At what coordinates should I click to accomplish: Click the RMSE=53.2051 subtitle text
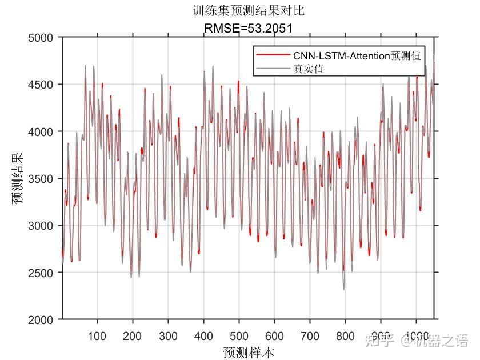click(x=249, y=28)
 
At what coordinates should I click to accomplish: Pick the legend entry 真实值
click(x=309, y=69)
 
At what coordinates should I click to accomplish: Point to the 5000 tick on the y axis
click(x=43, y=38)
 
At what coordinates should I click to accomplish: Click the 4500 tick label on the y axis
click(x=43, y=85)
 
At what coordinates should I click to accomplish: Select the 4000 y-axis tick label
click(x=43, y=131)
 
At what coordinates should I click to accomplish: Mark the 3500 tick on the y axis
click(x=43, y=179)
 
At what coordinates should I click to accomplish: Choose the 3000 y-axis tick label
click(x=43, y=226)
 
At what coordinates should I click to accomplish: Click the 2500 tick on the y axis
click(x=43, y=273)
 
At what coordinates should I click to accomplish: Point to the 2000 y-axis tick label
click(x=43, y=319)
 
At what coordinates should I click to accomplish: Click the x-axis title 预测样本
click(x=249, y=351)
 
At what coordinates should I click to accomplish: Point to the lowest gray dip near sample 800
click(x=344, y=289)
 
